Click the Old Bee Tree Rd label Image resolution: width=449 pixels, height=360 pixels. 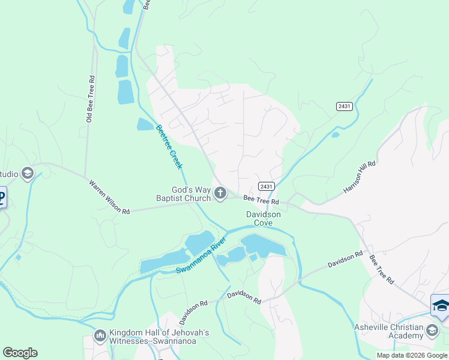click(91, 99)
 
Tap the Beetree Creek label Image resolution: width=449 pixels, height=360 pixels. click(169, 146)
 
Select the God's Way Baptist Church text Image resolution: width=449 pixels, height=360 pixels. click(183, 194)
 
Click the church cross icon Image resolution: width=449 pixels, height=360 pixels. click(220, 193)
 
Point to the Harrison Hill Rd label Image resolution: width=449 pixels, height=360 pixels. click(360, 176)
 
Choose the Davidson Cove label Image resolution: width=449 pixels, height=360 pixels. click(263, 218)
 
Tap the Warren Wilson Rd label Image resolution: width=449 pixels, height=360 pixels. click(109, 197)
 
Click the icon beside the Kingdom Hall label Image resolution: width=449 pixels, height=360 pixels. click(100, 334)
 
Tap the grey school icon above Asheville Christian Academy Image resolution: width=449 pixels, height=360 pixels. click(432, 330)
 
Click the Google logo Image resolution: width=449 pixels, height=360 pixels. click(20, 353)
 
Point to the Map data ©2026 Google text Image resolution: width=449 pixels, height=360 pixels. click(412, 355)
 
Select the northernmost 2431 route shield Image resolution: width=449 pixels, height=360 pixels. click(344, 106)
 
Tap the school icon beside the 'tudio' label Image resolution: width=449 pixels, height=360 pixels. click(27, 174)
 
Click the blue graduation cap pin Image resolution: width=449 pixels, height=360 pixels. click(441, 305)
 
